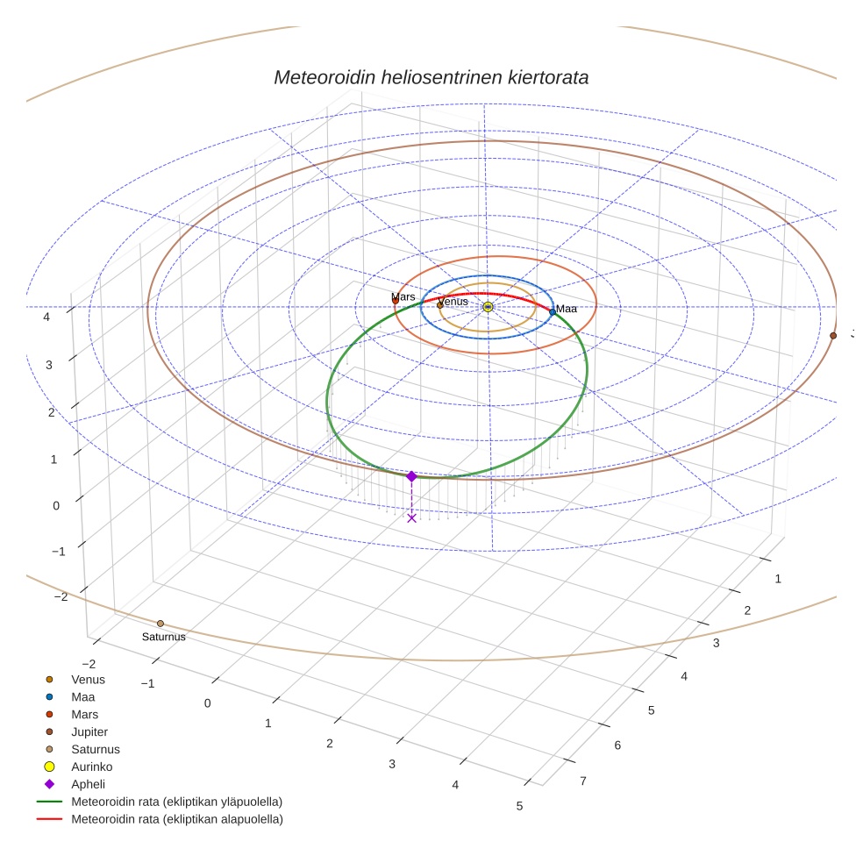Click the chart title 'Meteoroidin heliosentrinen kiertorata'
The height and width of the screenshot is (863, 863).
[431, 77]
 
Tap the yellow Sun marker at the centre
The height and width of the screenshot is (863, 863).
[488, 307]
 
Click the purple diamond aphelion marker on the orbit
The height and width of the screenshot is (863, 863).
[411, 476]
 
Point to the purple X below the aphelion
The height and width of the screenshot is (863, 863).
[411, 518]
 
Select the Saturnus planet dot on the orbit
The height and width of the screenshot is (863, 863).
[160, 624]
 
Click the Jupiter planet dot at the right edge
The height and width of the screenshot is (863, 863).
[833, 335]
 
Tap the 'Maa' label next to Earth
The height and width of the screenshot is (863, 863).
[567, 309]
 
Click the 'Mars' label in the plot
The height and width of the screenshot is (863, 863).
[403, 297]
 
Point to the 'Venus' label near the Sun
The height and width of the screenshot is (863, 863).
[453, 302]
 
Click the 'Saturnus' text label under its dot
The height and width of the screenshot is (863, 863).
[164, 637]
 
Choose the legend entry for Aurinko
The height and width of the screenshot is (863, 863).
[91, 767]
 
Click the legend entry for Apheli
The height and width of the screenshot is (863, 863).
[88, 784]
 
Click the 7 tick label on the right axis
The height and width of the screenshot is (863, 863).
[583, 781]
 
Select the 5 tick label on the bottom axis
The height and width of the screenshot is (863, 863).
[520, 806]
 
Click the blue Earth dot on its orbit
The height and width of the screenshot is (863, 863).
[552, 311]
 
